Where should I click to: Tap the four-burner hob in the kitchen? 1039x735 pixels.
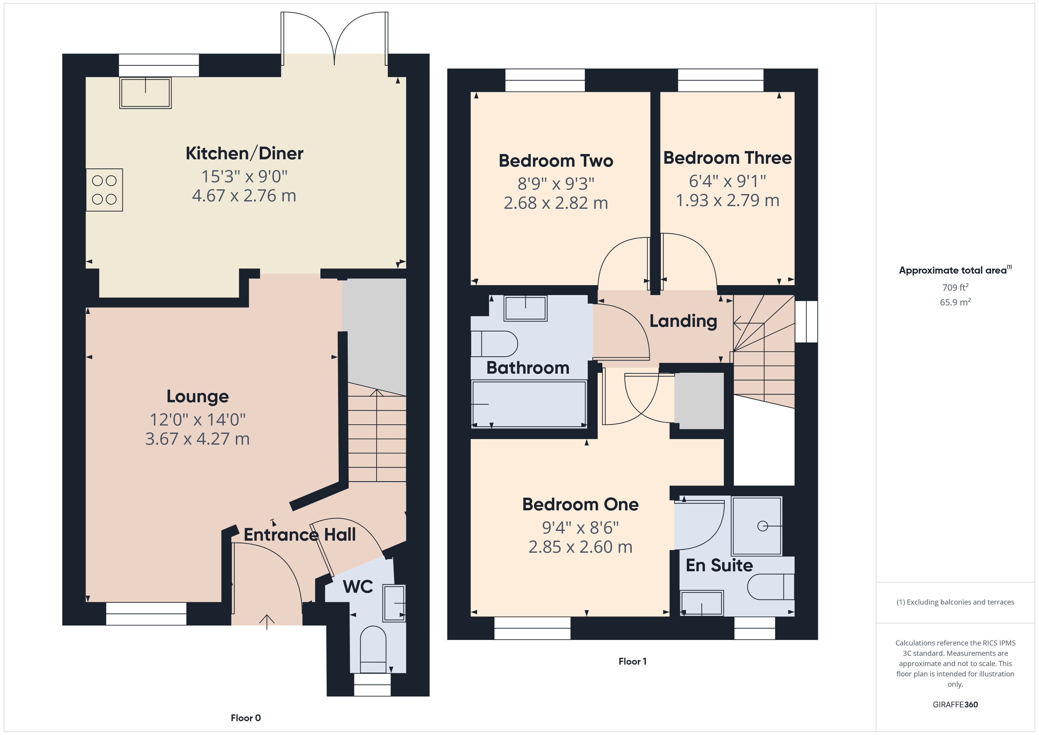click(x=105, y=190)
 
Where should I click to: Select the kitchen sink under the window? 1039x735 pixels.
click(x=145, y=93)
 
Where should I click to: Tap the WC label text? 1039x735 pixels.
click(x=358, y=587)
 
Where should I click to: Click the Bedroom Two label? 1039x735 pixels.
click(x=556, y=161)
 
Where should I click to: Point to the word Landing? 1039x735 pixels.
click(x=683, y=321)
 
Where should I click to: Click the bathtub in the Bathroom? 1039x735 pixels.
click(x=529, y=404)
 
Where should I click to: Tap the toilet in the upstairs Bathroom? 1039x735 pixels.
click(x=494, y=344)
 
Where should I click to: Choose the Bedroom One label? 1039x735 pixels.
click(x=580, y=504)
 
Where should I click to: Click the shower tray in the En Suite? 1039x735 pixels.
click(x=757, y=526)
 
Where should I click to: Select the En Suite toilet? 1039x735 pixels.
click(x=771, y=587)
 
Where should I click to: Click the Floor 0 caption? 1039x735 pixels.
click(x=246, y=718)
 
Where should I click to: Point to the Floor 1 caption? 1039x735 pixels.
click(x=633, y=661)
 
